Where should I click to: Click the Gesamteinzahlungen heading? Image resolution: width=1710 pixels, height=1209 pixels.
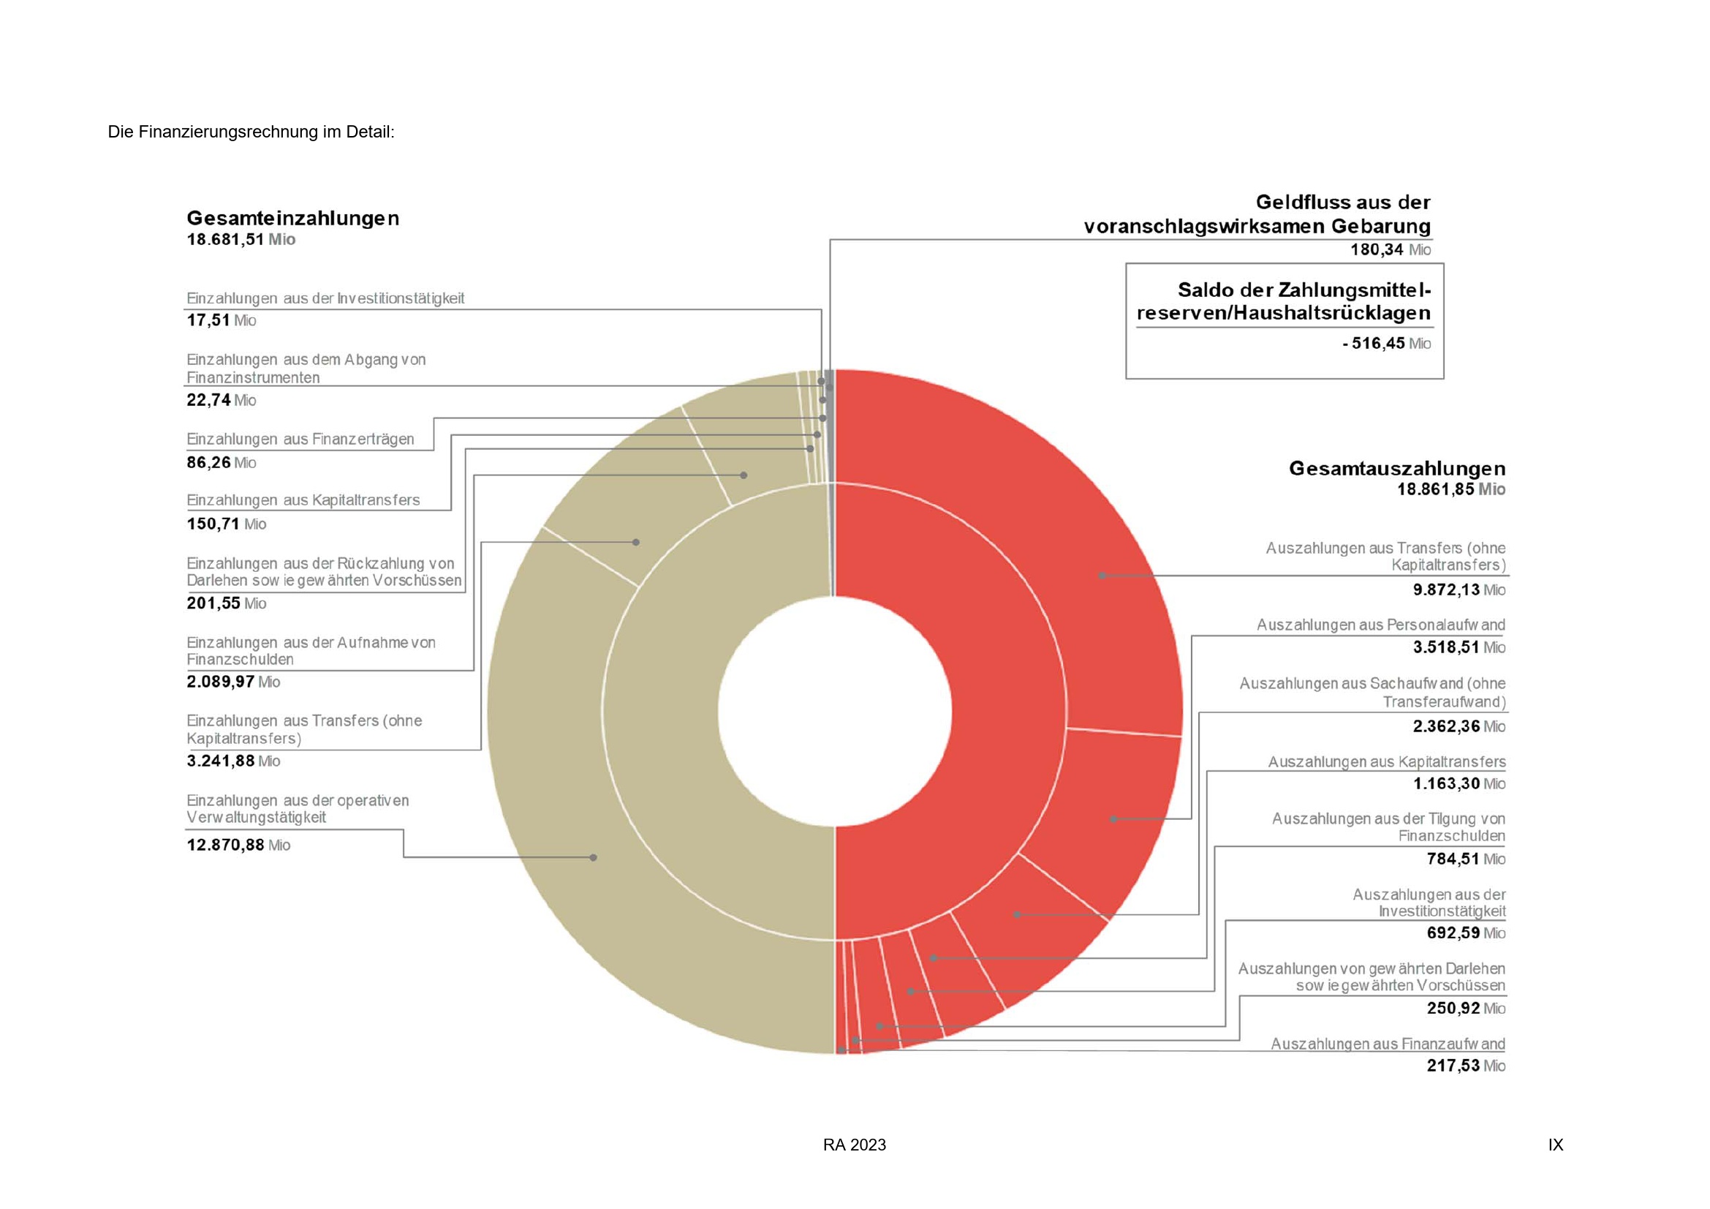[292, 218]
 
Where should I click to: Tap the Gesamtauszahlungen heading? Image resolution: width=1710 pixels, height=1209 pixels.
[1396, 469]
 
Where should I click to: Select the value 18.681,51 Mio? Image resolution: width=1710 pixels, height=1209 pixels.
[241, 240]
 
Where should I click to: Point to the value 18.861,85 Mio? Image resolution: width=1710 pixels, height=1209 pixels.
[1450, 489]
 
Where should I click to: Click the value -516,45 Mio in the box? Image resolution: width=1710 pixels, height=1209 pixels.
[1386, 344]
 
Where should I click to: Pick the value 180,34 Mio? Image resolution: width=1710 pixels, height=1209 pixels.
[1390, 249]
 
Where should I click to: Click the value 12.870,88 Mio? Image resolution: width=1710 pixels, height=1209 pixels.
[238, 845]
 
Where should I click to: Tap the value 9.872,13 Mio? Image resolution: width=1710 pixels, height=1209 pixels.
[1459, 590]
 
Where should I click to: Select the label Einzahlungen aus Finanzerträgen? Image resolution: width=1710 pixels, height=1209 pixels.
[300, 440]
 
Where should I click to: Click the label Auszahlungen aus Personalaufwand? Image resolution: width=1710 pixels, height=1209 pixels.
[1380, 625]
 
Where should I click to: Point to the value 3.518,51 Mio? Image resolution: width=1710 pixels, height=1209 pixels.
[1459, 647]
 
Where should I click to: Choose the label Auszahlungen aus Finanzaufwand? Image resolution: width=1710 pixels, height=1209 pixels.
[1387, 1044]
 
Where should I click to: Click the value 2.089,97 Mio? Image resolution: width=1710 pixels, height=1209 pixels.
[233, 682]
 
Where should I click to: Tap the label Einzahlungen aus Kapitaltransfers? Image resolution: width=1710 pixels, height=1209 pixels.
[303, 500]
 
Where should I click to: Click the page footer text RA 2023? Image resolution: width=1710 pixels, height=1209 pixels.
[854, 1145]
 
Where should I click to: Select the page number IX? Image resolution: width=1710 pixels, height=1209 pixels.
[1555, 1145]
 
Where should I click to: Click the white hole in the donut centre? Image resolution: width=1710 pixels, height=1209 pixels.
[834, 711]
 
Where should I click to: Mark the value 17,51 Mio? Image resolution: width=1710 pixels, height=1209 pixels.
[222, 320]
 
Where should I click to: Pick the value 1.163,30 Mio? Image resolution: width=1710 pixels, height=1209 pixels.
[1459, 783]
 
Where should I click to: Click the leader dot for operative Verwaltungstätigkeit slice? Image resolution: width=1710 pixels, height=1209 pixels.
[593, 857]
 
